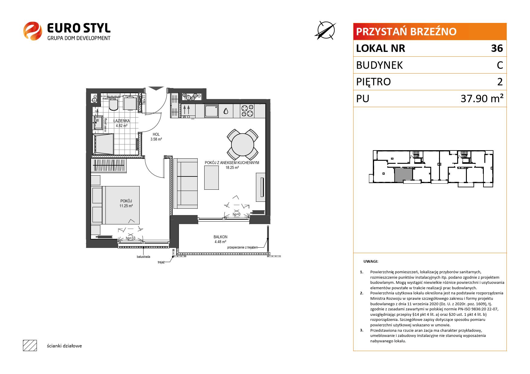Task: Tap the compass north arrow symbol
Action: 326,30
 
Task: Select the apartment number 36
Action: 497,48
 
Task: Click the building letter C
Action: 500,65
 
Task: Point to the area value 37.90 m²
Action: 482,98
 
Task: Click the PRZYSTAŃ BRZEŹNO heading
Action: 406,32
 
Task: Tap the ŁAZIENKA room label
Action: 121,121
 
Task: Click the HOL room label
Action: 156,135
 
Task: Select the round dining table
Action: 242,145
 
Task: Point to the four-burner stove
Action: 247,111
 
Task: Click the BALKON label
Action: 220,237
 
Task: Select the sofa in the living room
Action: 185,183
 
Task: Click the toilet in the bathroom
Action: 114,104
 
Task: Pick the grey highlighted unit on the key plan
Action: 403,175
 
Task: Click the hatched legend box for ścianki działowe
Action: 30,346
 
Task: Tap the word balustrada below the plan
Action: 144,257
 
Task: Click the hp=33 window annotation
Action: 131,238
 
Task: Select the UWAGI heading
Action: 371,261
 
